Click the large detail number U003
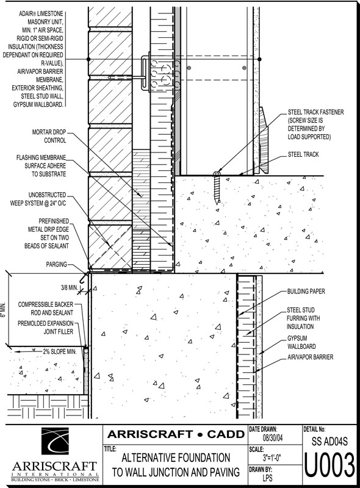tap(329, 465)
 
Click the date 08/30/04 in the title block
tap(273, 438)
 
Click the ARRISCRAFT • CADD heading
tap(176, 434)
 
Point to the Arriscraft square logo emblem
tap(55, 441)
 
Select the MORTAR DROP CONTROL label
tap(49, 136)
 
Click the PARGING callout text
tap(56, 264)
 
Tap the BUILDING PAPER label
tap(306, 292)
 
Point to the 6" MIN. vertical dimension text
tap(3, 309)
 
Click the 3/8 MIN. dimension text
tap(69, 287)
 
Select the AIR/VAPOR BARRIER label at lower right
tap(310, 357)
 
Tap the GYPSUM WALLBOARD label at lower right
tap(301, 342)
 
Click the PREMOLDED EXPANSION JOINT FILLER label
tap(46, 328)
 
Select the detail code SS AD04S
tap(329, 441)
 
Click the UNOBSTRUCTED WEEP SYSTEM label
tap(38, 199)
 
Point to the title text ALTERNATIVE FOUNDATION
tap(176, 458)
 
